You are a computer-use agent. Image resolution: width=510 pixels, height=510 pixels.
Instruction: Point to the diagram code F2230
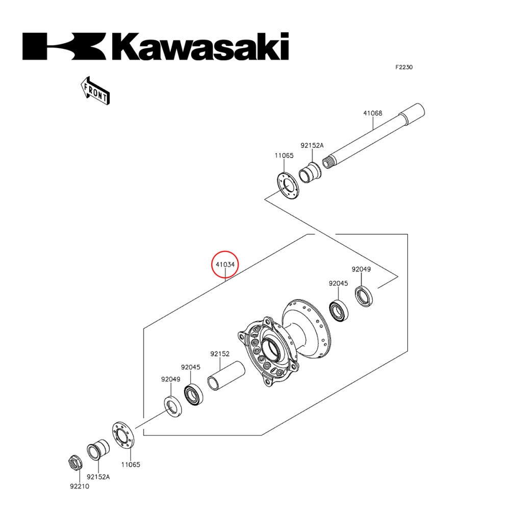coord(403,67)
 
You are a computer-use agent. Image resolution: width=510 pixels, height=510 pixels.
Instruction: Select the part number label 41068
coord(372,113)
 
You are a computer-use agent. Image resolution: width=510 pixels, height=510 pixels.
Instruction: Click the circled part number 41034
coord(225,265)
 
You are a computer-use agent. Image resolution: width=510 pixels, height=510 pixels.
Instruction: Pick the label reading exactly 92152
coord(220,353)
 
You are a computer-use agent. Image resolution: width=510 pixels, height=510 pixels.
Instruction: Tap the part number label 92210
coord(80,486)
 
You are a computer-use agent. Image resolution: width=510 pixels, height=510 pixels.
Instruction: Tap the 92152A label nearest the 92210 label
coord(98,477)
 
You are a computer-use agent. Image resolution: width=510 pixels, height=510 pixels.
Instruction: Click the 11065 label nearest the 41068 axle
coord(284,156)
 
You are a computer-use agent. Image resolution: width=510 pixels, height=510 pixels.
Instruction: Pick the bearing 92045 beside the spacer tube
coord(193,396)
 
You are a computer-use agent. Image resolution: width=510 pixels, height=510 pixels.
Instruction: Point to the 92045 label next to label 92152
coord(191,367)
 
